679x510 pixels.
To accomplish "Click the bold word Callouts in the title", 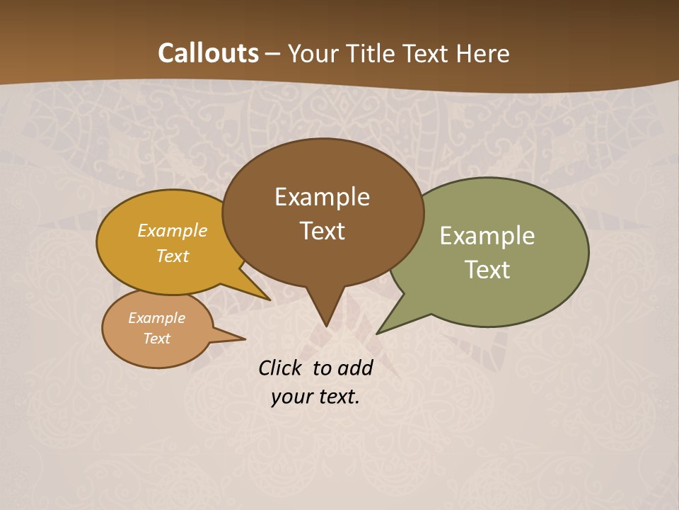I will click(x=208, y=53).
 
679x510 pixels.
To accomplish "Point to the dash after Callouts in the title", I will click(x=273, y=54).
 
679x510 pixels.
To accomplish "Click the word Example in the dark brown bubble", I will click(x=322, y=197).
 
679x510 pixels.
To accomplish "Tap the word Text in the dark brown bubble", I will click(x=322, y=231).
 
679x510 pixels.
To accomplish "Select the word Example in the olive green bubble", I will click(x=487, y=236).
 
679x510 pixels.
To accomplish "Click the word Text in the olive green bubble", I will click(x=487, y=270).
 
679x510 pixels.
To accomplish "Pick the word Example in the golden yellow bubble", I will click(x=173, y=230).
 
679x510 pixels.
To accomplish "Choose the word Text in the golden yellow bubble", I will click(x=173, y=256).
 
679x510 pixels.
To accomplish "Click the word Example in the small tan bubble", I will click(x=156, y=318).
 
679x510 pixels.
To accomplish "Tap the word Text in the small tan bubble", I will click(x=156, y=339).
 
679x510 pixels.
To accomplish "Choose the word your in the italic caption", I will click(x=290, y=397).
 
